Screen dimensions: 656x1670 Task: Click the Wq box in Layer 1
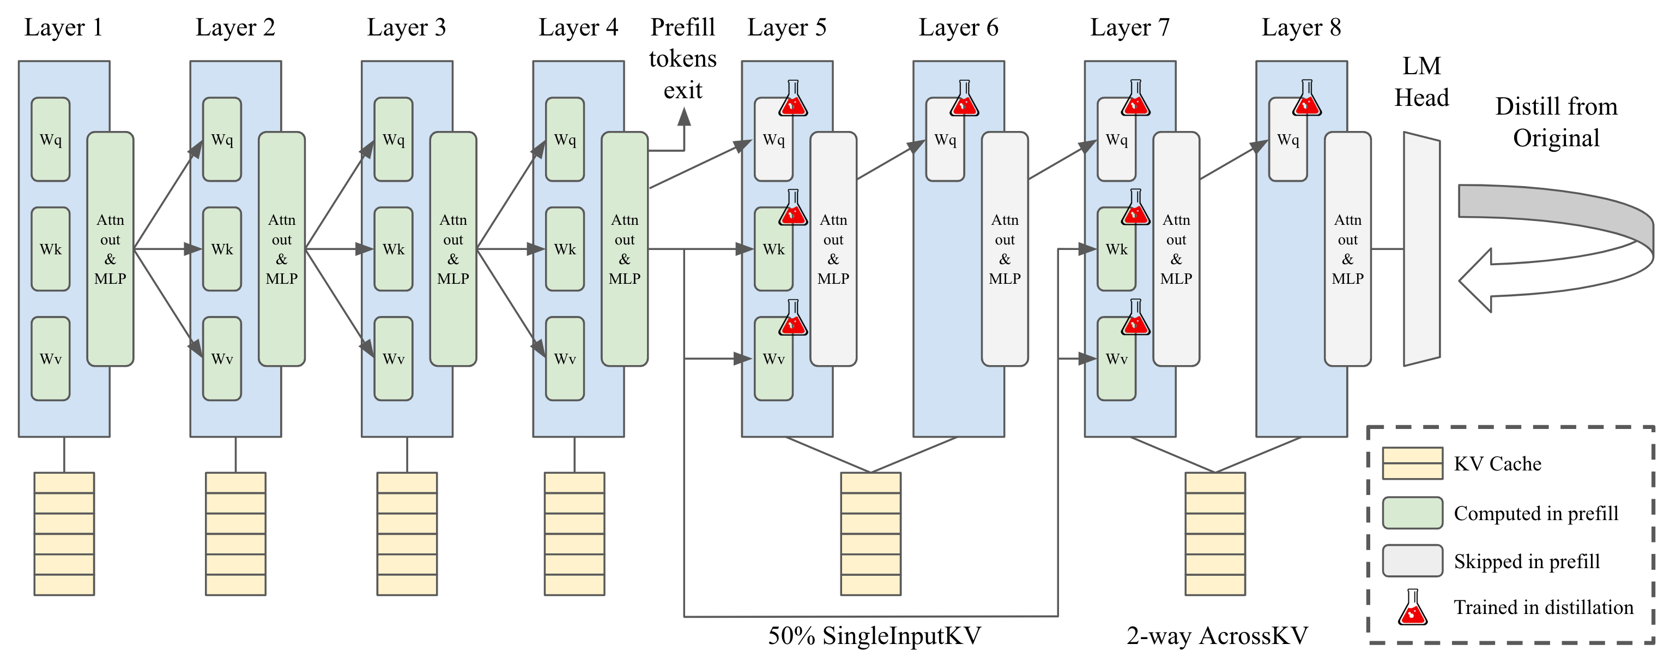[51, 140]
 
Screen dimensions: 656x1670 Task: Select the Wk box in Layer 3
[394, 249]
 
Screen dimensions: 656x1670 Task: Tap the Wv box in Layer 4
[565, 359]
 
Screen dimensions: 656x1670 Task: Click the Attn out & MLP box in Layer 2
[281, 249]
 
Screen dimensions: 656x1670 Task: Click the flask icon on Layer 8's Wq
[1307, 98]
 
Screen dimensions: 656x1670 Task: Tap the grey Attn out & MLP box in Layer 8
[1347, 249]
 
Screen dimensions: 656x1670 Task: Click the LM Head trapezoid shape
[1421, 249]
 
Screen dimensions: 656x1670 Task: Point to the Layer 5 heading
[786, 27]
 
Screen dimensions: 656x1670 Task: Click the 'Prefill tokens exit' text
[682, 58]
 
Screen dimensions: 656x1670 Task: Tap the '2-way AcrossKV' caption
[1217, 635]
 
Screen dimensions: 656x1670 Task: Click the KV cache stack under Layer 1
[64, 533]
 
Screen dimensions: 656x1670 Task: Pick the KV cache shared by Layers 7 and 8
[1215, 533]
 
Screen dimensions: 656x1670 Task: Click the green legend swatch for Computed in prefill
[1412, 513]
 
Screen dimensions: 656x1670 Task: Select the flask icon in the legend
[1413, 607]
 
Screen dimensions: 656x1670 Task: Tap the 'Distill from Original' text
[1556, 122]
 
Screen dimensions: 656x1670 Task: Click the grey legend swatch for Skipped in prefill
[1412, 560]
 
